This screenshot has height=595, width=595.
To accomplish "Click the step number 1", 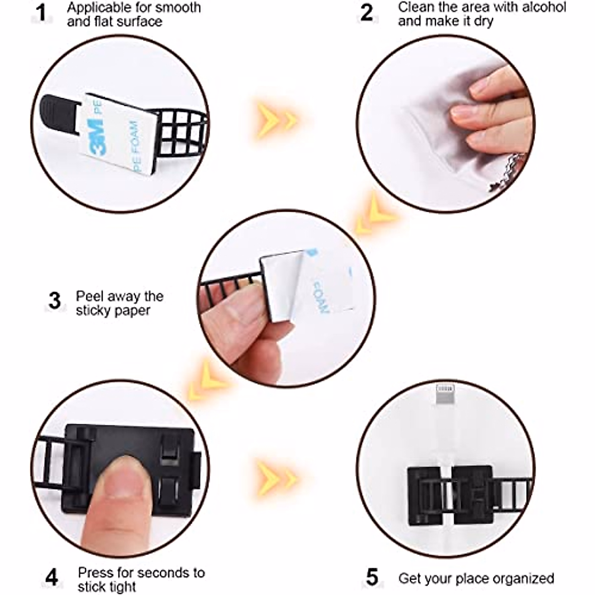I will (42, 13).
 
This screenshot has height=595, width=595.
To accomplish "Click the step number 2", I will (367, 12).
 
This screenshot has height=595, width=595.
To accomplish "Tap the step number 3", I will (55, 300).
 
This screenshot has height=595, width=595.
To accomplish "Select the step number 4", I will (52, 578).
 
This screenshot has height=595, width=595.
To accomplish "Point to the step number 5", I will (372, 578).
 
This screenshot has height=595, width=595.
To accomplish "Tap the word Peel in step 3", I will (89, 297).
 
